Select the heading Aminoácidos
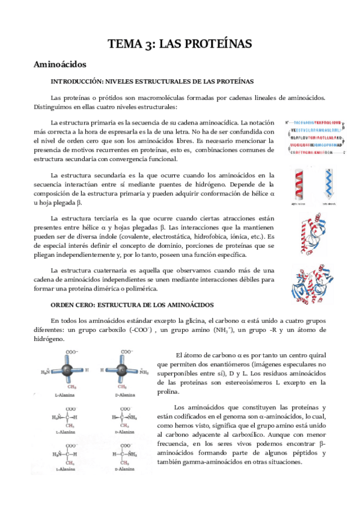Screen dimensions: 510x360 pos(60,64)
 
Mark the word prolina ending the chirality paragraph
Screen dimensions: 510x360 pos(170,391)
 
